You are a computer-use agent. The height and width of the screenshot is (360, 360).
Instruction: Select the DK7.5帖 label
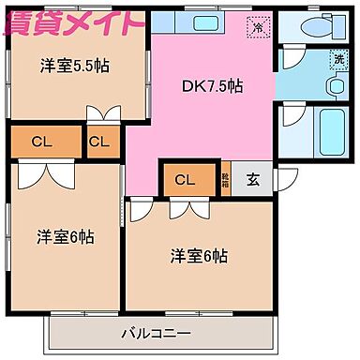(212, 85)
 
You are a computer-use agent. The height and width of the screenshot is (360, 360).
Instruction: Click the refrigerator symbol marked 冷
(257, 28)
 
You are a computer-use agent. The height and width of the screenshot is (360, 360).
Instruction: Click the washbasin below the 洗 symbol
(335, 86)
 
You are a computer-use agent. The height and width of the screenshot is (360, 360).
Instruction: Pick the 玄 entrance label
(253, 181)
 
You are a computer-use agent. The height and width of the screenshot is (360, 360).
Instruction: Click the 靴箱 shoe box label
(225, 181)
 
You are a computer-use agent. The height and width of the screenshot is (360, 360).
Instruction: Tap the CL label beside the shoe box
(184, 180)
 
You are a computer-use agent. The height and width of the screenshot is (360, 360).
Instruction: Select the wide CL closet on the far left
(39, 142)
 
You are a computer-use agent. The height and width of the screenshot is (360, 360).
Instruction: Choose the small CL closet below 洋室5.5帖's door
(100, 142)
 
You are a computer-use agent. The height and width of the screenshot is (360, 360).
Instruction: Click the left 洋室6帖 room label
(66, 235)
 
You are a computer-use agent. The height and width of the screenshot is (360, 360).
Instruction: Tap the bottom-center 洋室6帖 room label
(198, 255)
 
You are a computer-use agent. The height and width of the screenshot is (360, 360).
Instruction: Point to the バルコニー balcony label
(156, 332)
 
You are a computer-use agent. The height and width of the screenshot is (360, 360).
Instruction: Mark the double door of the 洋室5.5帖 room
(102, 114)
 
